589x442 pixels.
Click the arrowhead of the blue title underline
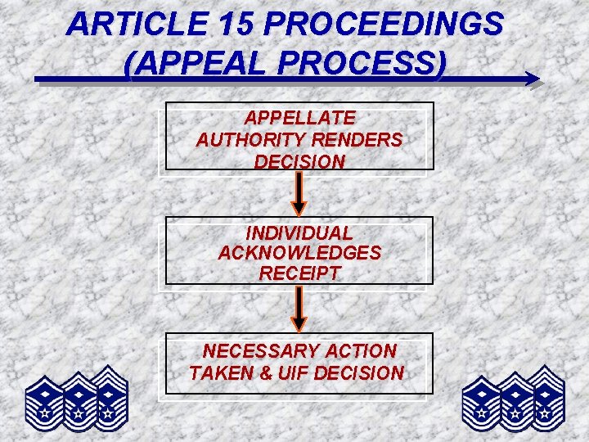coord(532,79)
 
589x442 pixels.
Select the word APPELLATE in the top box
coord(299,119)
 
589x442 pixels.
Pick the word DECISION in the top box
coord(299,161)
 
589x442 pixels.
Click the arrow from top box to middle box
coord(299,193)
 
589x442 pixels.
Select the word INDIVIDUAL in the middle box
coord(299,233)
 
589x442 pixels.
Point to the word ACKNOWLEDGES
coord(299,253)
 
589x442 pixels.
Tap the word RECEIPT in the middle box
coord(299,273)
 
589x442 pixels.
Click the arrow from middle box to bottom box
coord(299,308)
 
